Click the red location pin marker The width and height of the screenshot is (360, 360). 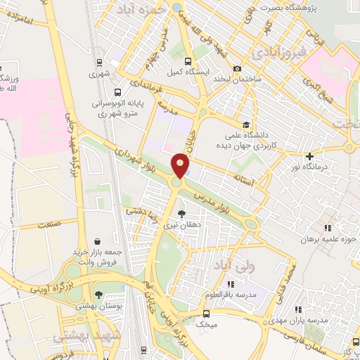[x=181, y=165]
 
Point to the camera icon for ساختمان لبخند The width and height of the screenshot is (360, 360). [x=238, y=69]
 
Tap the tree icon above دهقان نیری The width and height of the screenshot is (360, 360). [x=181, y=213]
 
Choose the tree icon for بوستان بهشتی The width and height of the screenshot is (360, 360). [x=98, y=295]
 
